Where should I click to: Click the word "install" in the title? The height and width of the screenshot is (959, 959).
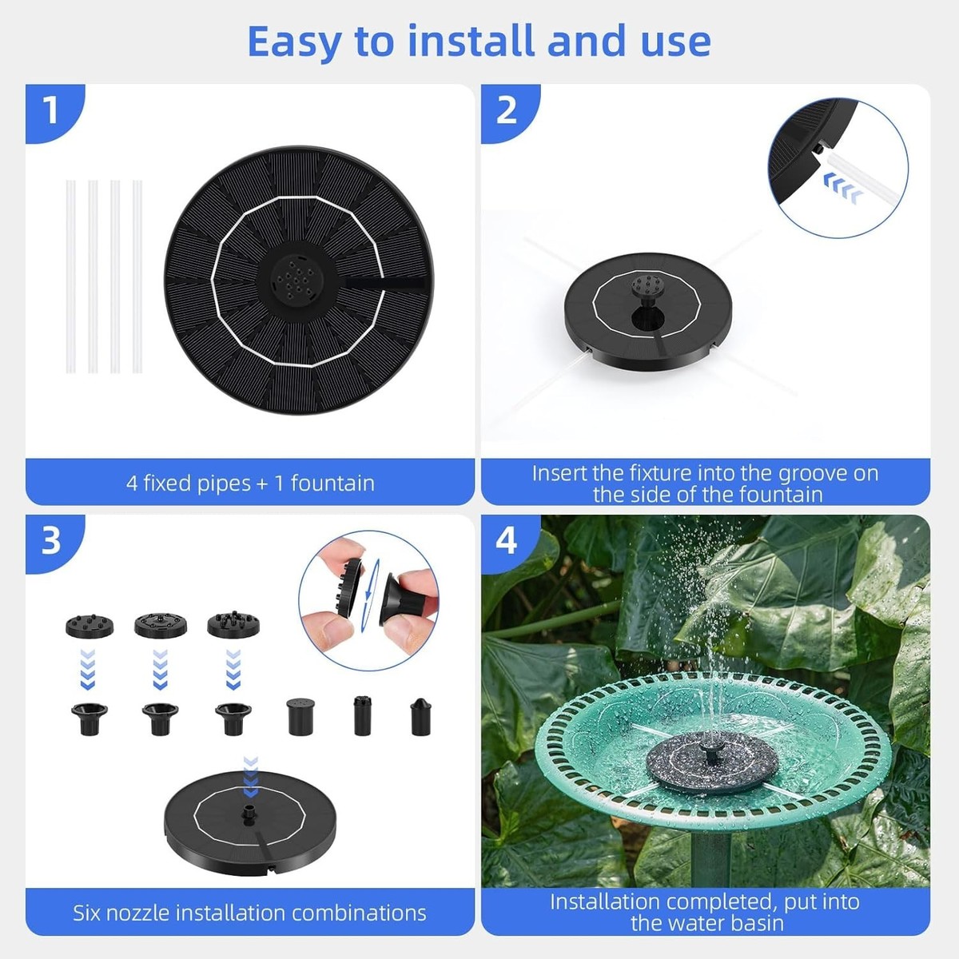(x=472, y=42)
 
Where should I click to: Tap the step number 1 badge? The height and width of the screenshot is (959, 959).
(x=51, y=110)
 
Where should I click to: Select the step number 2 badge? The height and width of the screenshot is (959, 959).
(x=507, y=110)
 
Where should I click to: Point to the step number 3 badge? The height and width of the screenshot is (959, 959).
(x=51, y=542)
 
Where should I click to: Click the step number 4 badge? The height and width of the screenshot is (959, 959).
(x=507, y=542)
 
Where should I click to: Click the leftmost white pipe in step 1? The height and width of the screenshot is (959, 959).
(x=70, y=277)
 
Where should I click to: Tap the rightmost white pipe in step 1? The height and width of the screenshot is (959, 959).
(x=137, y=277)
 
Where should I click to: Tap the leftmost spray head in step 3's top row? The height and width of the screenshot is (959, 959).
(x=90, y=625)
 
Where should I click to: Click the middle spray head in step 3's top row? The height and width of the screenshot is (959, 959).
(x=161, y=625)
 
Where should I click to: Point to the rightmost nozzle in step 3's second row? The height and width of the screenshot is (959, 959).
(x=420, y=717)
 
